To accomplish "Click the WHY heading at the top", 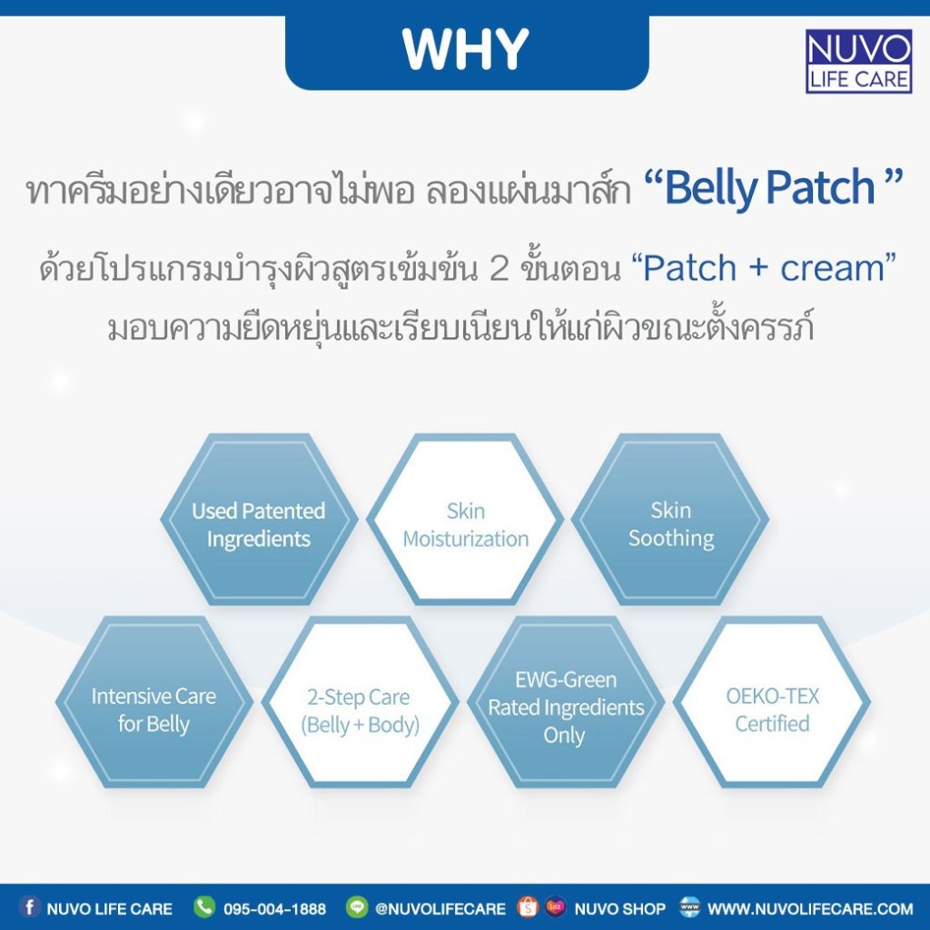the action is coord(466,49).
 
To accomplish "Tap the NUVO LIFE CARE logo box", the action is coord(858,62).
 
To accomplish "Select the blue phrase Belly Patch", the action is coord(769,187).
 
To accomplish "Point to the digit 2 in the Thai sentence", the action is coord(499,268).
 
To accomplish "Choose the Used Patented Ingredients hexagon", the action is coord(259,519).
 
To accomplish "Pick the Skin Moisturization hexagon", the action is coord(465,519).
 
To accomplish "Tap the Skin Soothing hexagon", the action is coord(670,519).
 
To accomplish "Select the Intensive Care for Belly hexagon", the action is coord(154,702).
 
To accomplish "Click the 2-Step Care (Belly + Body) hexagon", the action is coord(360,702).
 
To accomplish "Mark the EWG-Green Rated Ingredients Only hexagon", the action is coord(566,702).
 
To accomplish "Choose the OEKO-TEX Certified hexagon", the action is coord(772,702).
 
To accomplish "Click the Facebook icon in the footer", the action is coord(30,907).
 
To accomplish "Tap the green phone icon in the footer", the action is coord(204,907).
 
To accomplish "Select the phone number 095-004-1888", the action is coord(274,908).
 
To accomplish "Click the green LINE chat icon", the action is coord(356,907).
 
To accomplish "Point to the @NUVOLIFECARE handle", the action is coord(440,908).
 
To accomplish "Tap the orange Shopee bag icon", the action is coord(528,907).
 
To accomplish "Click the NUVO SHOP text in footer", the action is coord(619,908).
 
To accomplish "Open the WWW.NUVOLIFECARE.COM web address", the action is coord(810,908).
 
